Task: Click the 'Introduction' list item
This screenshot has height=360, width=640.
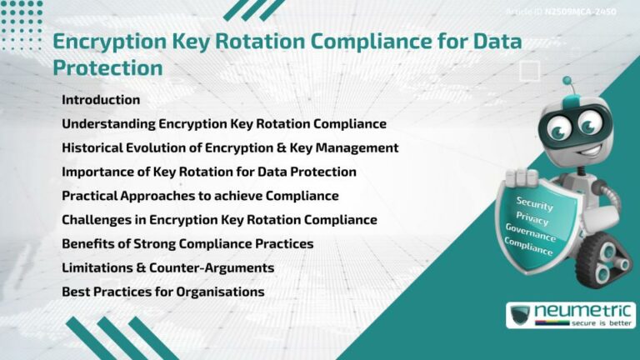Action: coord(101,100)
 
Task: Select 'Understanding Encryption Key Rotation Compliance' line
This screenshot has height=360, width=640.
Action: coord(223,124)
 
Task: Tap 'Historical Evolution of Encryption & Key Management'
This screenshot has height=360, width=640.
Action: coord(230,148)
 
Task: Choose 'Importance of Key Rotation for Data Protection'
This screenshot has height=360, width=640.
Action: coord(209,172)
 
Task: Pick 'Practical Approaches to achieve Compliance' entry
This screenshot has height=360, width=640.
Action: coord(200,197)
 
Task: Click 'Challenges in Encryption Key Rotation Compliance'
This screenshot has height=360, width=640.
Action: coord(219,221)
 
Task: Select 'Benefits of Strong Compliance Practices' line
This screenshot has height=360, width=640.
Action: coord(187,245)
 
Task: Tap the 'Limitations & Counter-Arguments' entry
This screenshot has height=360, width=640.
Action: coord(167,268)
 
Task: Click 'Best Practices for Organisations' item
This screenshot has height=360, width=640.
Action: coord(163,292)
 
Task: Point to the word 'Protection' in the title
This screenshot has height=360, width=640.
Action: coord(107,67)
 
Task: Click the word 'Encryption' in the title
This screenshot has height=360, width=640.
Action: coord(110,41)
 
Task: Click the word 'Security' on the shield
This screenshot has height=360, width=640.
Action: coord(534,202)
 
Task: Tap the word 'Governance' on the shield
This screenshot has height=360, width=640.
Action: coord(532,232)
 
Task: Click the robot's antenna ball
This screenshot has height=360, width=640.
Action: coord(567,82)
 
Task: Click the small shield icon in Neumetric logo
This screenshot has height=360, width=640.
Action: coord(521,316)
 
